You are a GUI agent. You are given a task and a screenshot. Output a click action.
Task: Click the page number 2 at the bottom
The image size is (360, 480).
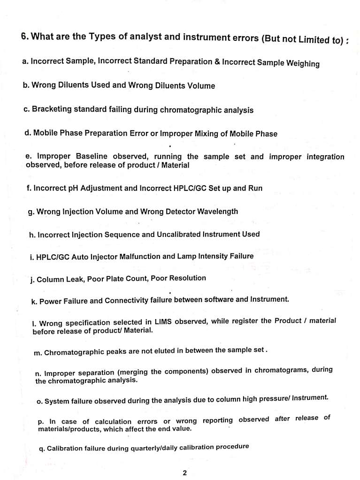184,473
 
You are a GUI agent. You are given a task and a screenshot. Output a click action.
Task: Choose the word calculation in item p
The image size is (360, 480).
114,421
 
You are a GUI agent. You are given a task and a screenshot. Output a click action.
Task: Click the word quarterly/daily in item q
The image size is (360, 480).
153,448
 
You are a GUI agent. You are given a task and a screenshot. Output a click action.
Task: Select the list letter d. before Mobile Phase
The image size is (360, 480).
28,133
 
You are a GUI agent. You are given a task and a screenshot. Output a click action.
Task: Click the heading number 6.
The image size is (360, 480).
25,36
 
